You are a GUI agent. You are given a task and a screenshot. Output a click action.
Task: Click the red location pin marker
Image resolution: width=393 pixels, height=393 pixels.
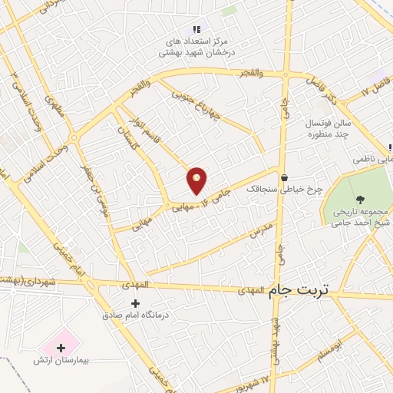point(197,180)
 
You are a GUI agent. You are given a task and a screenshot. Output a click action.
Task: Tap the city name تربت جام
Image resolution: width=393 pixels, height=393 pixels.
point(298,290)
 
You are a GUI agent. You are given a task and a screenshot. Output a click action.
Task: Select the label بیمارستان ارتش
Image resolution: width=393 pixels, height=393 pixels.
point(61,360)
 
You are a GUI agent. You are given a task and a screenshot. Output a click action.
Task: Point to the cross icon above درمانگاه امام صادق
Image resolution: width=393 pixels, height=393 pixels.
point(136,303)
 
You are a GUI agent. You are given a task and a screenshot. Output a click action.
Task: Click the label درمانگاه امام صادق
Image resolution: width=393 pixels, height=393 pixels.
point(136,315)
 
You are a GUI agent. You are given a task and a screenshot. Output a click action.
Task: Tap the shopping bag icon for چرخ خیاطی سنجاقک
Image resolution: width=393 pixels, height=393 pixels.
point(283,177)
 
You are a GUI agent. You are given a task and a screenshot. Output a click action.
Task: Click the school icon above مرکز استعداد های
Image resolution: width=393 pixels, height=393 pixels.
point(197,28)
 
